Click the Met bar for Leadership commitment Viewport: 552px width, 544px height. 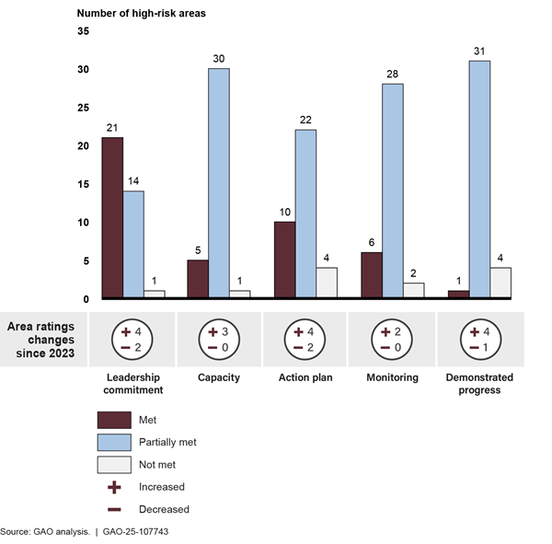tap(112, 218)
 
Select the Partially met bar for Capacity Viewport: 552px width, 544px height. tap(218, 183)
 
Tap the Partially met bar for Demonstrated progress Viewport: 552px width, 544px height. tap(478, 179)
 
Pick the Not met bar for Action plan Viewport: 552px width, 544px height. tap(327, 283)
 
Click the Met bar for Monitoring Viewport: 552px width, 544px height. tap(372, 275)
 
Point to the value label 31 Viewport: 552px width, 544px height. tap(478, 52)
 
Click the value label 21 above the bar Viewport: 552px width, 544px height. tap(112, 128)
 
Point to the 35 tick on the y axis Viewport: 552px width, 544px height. tap(83, 31)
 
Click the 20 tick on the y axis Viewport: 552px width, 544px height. tap(83, 146)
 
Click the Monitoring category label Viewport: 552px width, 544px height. tap(393, 377)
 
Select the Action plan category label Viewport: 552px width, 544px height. tap(305, 377)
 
